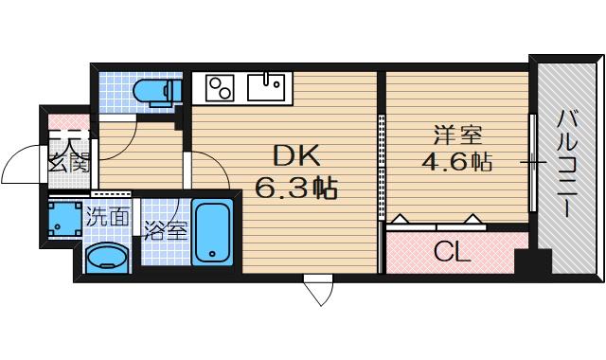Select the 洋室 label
[x=454, y=134]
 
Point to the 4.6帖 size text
[x=455, y=161]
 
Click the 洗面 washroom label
[x=107, y=216]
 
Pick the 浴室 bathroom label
[x=165, y=230]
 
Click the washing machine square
[x=62, y=218]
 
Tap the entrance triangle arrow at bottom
[x=315, y=289]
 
